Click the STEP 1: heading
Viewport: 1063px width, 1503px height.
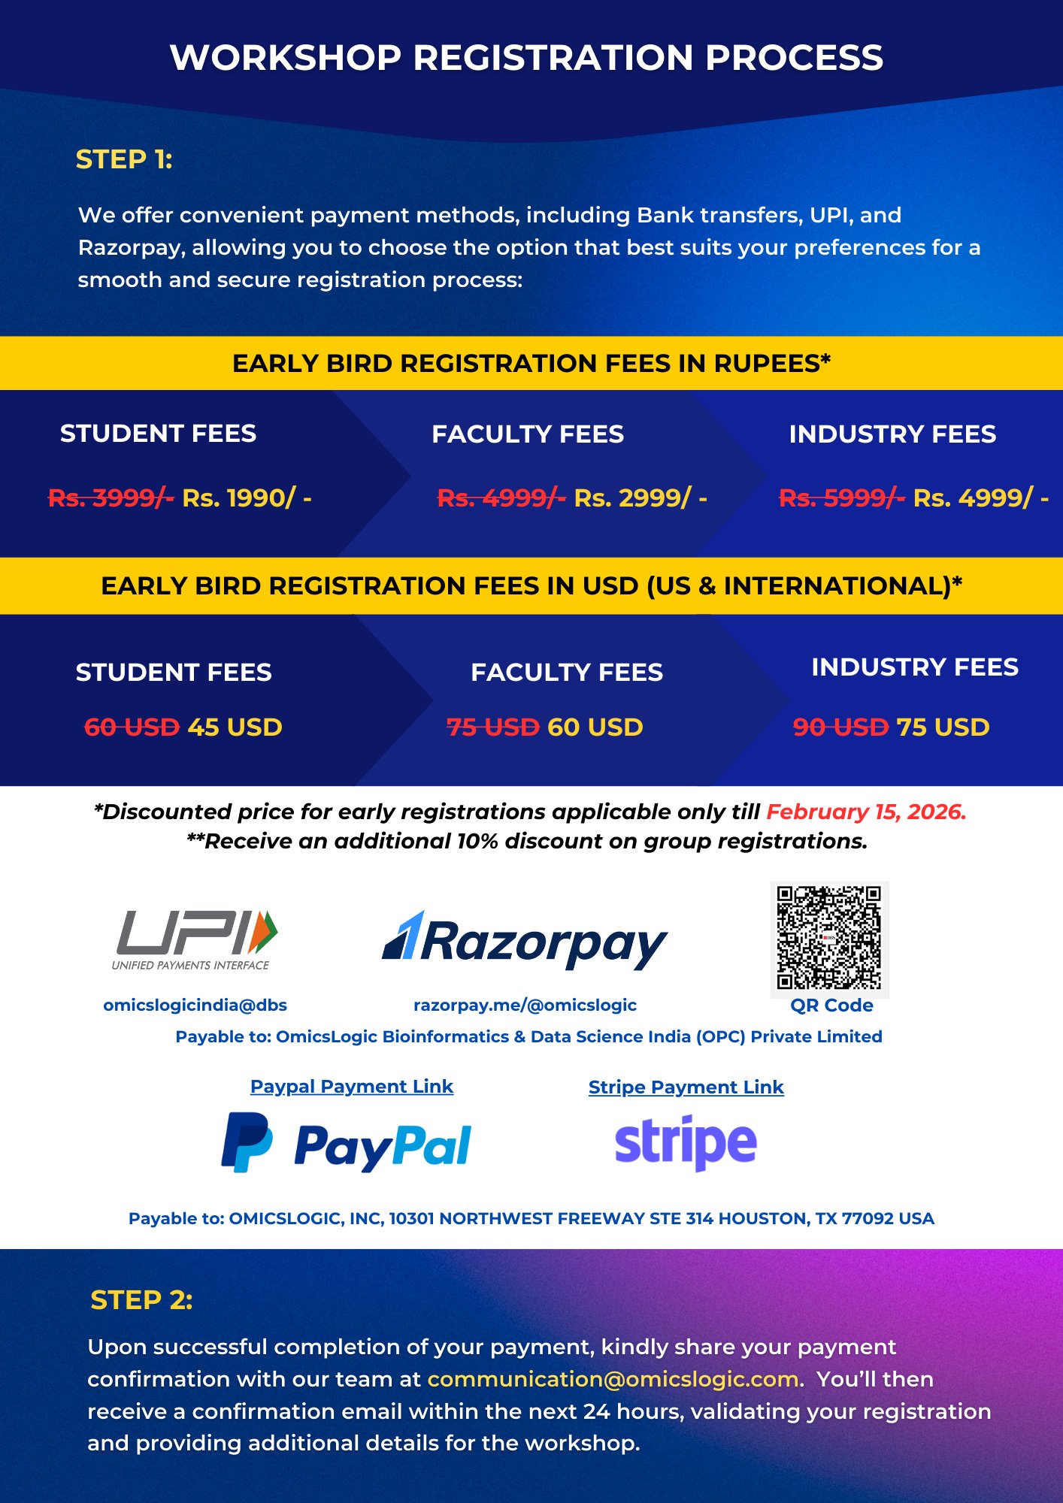124,159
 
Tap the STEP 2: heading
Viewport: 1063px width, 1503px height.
141,1300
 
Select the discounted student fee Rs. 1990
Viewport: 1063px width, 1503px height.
247,497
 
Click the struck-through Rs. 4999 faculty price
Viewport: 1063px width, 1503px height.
501,497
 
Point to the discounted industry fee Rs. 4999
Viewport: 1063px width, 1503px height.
980,497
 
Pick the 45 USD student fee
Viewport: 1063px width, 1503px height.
235,727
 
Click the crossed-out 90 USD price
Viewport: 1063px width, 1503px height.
840,727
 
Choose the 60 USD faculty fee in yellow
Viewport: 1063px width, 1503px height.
595,727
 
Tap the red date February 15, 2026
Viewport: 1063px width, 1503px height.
866,812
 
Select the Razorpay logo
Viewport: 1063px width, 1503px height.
525,941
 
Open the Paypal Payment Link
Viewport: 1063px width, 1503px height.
352,1087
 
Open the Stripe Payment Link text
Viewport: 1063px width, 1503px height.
686,1087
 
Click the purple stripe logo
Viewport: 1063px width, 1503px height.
686,1143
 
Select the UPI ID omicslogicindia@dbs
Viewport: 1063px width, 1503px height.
195,1006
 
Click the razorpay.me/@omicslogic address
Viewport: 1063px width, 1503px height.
525,1006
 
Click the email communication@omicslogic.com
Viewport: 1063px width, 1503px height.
613,1380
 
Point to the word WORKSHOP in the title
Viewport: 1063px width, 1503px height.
286,58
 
